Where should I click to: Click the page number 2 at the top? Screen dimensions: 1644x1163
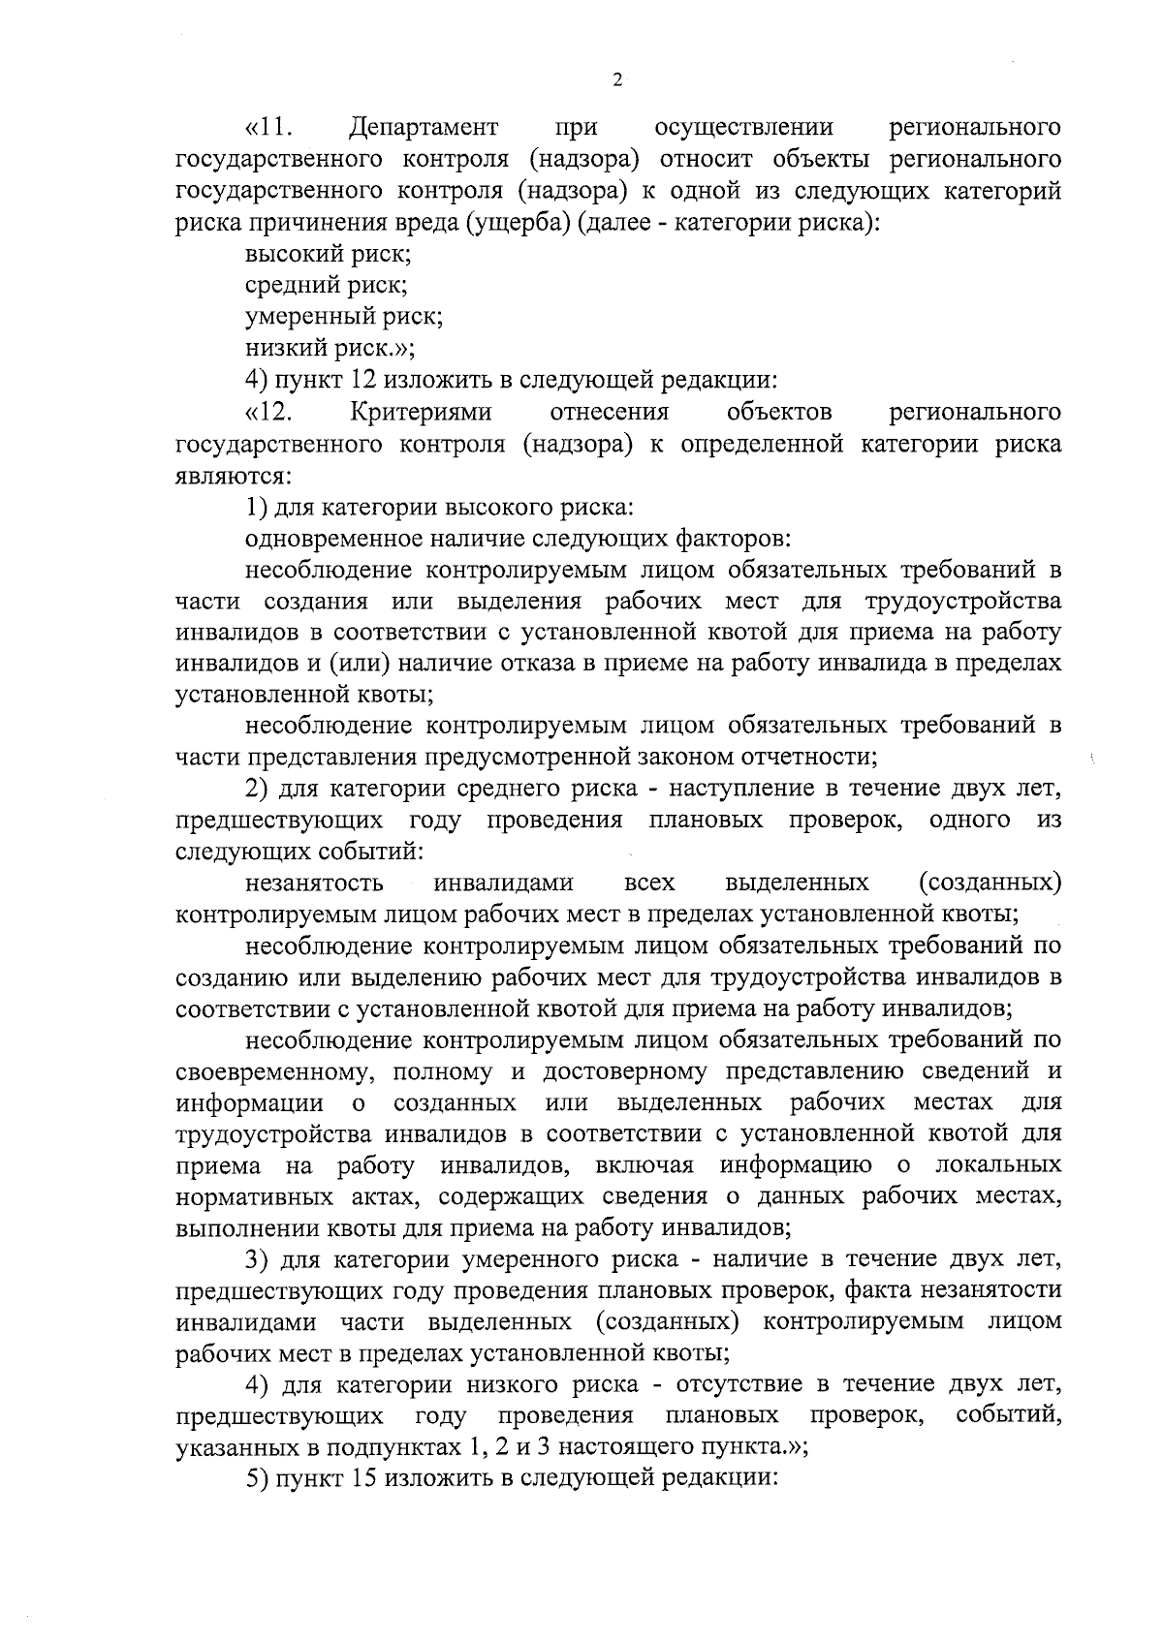click(617, 80)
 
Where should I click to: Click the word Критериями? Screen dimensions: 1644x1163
click(421, 412)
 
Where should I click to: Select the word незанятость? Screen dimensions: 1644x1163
click(314, 883)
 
